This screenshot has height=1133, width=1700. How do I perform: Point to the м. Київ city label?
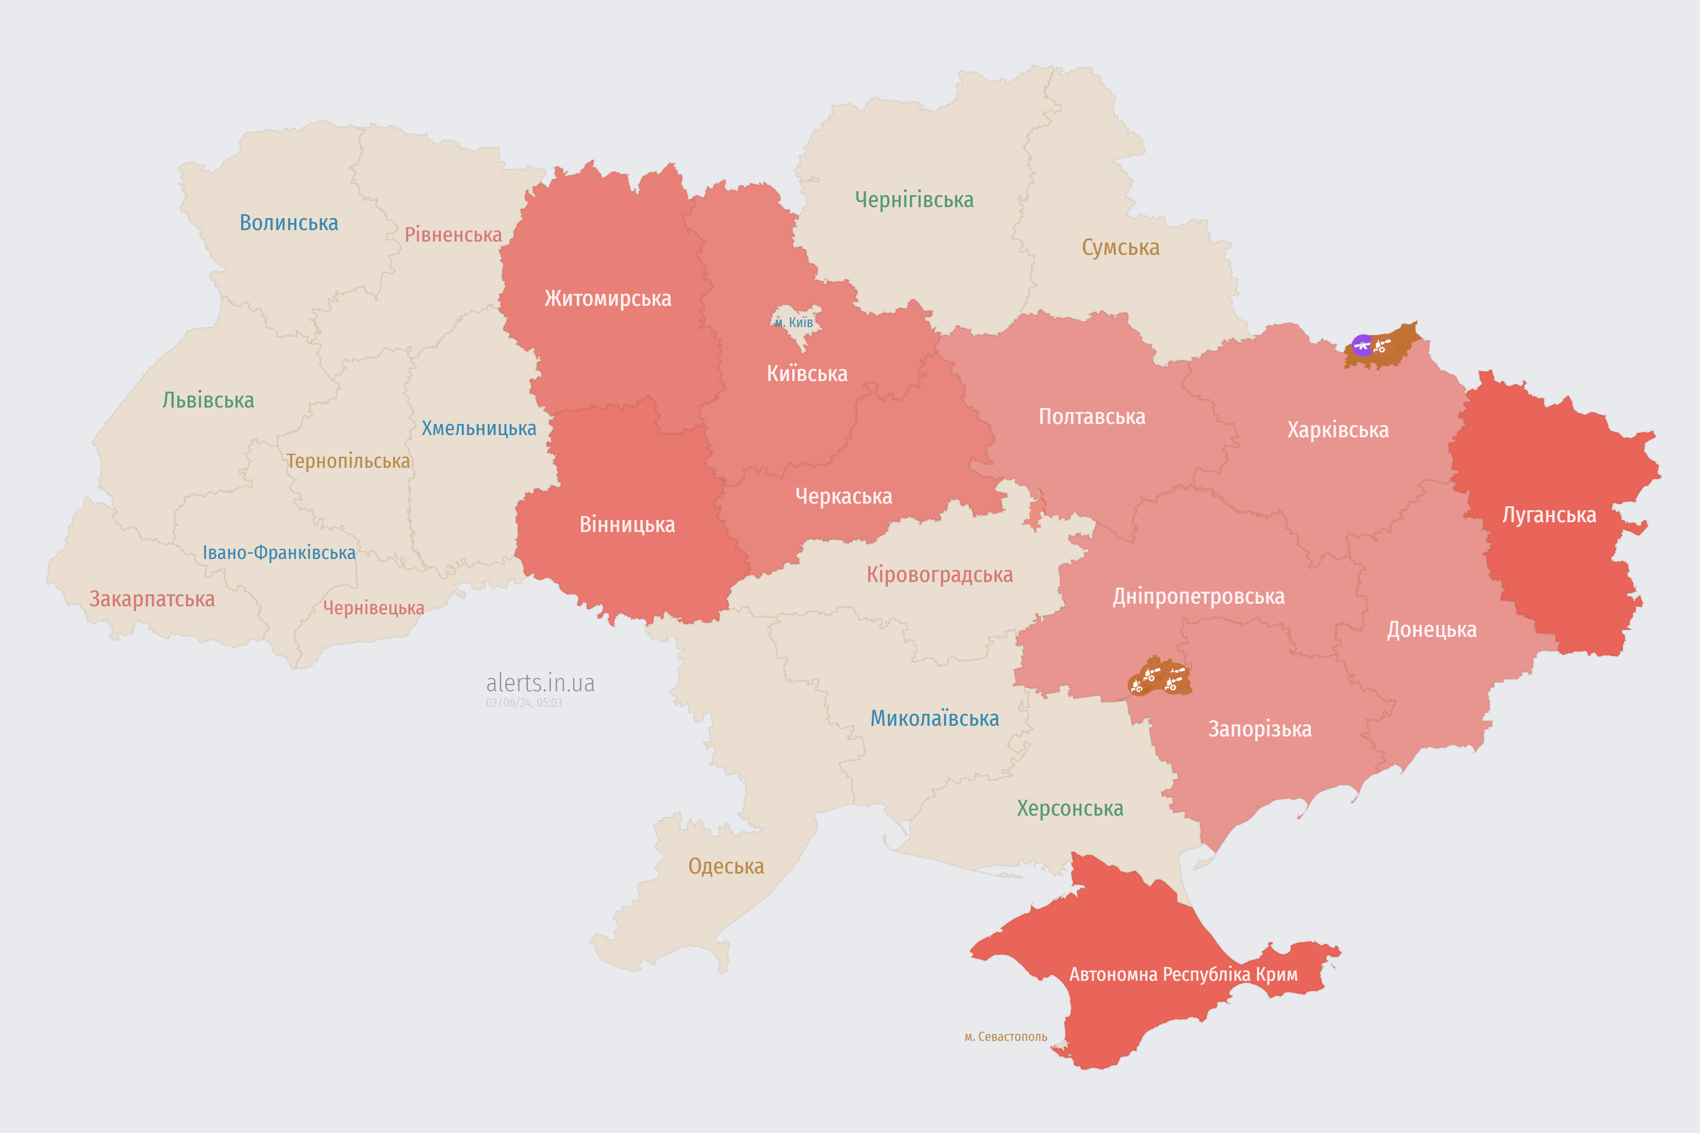(x=794, y=322)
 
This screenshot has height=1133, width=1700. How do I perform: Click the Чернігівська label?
(x=914, y=200)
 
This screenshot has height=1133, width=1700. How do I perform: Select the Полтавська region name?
(x=1091, y=417)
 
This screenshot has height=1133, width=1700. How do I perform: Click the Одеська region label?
(x=726, y=867)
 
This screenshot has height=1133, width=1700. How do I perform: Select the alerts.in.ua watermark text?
(x=540, y=683)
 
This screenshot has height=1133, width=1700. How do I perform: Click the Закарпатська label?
(x=152, y=599)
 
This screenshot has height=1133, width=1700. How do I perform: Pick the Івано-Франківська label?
(x=279, y=553)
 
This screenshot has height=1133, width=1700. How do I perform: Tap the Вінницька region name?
(x=627, y=524)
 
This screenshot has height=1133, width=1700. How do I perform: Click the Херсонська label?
(x=1070, y=809)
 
